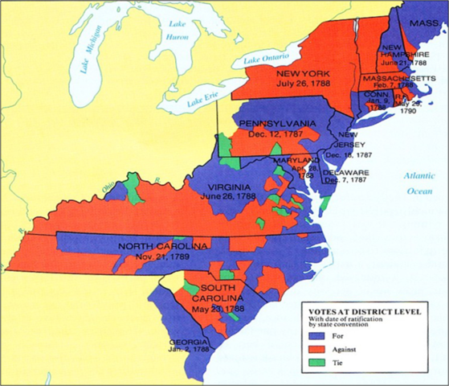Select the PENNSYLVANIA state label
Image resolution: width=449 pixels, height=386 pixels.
276,124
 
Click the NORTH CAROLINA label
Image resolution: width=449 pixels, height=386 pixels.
163,244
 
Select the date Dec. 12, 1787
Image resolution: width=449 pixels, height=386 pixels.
275,134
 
